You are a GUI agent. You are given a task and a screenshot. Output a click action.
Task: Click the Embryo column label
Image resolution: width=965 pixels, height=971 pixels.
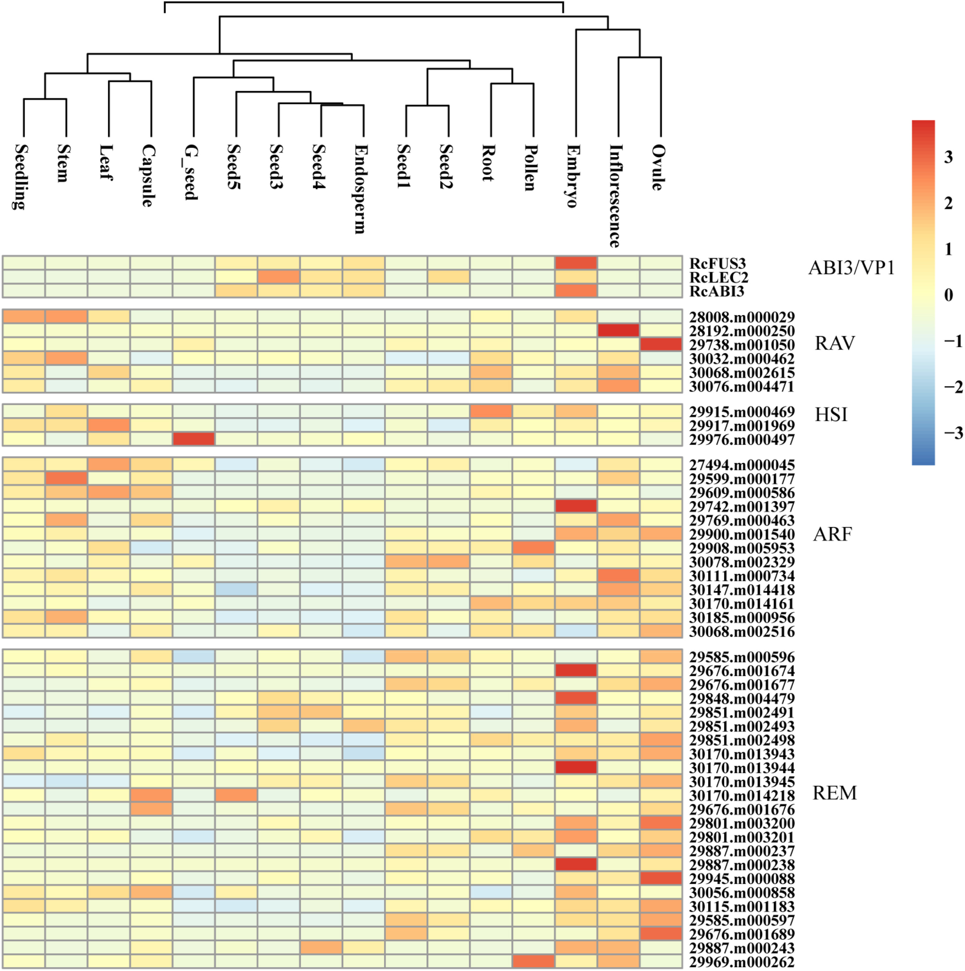tap(573, 176)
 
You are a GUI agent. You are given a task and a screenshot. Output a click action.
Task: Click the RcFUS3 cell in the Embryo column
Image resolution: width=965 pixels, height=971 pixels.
tap(576, 263)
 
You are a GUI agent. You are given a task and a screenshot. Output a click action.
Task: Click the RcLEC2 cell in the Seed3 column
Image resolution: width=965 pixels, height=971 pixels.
tap(279, 277)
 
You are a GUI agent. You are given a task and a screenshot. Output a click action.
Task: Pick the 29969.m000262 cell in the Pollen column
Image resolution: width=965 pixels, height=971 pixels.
tap(534, 961)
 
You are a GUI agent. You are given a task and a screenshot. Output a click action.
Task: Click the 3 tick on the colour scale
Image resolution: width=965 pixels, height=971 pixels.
tap(948, 157)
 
